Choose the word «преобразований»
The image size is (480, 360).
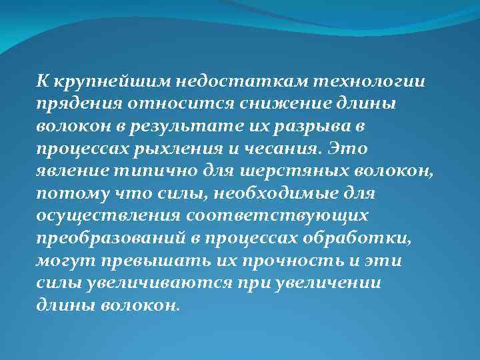115,239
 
